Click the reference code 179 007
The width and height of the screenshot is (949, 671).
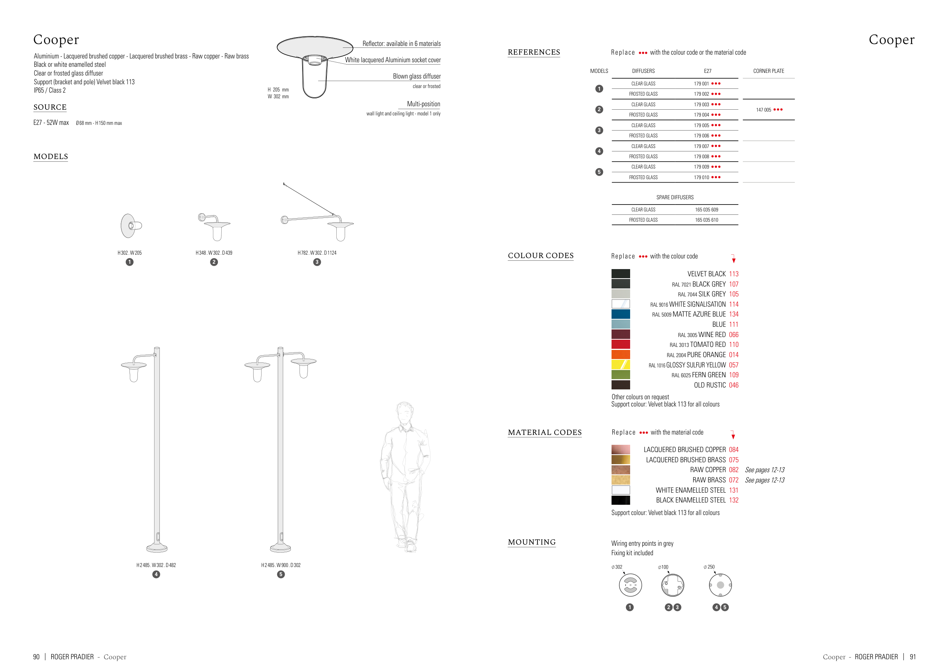tap(702, 146)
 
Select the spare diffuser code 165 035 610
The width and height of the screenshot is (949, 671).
tap(706, 220)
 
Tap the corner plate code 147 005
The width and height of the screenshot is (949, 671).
tap(763, 110)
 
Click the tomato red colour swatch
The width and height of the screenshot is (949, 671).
tap(620, 344)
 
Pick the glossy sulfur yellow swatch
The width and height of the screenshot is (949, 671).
tap(620, 364)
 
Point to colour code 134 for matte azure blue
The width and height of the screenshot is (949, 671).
tap(733, 314)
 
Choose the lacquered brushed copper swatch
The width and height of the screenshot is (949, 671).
tap(620, 449)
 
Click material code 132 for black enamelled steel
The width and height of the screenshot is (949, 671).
tap(733, 500)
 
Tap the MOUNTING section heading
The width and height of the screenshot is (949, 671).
tap(531, 542)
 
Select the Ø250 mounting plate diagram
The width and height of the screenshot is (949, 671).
tap(720, 585)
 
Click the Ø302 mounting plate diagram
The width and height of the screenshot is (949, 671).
tap(630, 585)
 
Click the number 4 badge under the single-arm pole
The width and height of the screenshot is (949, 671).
tap(156, 574)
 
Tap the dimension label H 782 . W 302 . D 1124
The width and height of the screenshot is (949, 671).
tap(317, 253)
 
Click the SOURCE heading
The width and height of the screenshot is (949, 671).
tap(50, 107)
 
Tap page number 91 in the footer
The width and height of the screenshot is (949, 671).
tap(913, 657)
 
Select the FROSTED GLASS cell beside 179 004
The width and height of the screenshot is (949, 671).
tap(643, 115)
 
